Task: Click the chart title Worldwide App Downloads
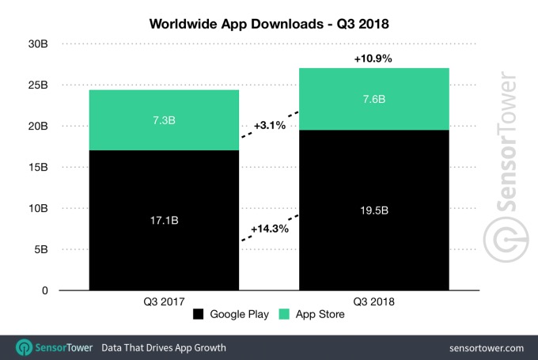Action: point(268,24)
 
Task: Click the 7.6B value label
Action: point(373,100)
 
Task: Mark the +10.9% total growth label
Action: point(373,59)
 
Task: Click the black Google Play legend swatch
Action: point(198,314)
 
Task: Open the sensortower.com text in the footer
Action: point(484,347)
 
